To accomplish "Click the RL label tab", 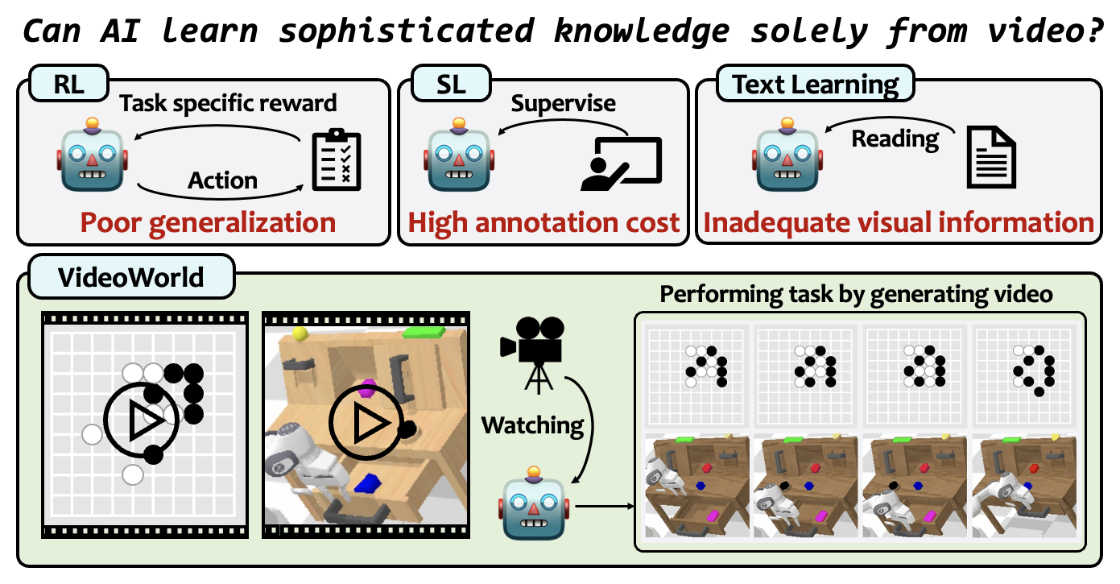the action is [69, 84].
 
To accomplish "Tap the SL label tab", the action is [451, 84].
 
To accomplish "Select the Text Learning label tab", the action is [816, 84].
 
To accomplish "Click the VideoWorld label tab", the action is [131, 276].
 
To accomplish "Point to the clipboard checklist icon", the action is [337, 160].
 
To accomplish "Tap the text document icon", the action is [991, 157].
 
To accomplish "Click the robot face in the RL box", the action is [93, 155].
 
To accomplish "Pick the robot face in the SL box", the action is [459, 155].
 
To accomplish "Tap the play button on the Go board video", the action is [142, 420].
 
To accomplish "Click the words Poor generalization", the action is [208, 223].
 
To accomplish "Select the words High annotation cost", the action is [543, 223].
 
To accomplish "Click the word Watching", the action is [532, 426].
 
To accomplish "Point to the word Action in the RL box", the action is [222, 180].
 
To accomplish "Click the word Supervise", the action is [563, 104].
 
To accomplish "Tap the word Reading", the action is [895, 139].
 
